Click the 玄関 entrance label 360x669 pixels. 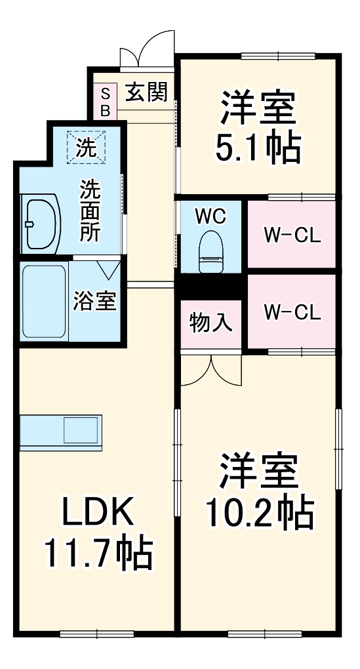pos(146,92)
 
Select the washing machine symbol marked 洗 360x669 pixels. pos(84,148)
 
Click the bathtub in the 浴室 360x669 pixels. pos(43,301)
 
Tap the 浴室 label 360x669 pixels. pos(94,302)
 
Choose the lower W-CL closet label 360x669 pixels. pos(292,312)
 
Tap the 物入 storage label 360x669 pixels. pos(210,322)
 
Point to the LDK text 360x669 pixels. pos(98,512)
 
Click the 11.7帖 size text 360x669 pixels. pos(98,552)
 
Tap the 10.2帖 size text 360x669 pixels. pos(258,512)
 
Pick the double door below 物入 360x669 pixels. pos(211,371)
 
